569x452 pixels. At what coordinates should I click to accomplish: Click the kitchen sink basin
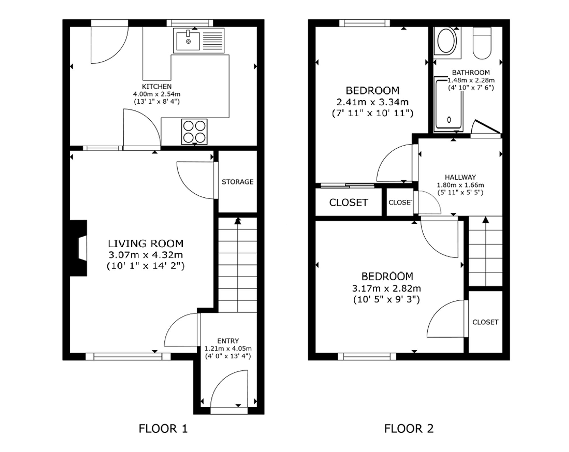tap(188, 41)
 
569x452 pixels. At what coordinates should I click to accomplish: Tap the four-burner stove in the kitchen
tap(194, 131)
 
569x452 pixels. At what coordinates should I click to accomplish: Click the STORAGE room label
tap(238, 182)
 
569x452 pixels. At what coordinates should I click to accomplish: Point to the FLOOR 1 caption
tap(163, 428)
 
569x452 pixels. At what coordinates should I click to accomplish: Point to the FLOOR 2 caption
tap(409, 428)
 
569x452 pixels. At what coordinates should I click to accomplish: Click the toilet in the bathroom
tap(482, 43)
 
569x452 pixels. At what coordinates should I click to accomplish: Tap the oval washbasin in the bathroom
tap(447, 41)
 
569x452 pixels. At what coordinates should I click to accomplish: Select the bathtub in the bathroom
tap(449, 104)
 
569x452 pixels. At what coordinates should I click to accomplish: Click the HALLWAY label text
tap(460, 177)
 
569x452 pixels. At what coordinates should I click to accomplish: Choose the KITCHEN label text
tap(157, 86)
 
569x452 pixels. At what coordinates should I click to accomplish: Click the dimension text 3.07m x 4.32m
tap(146, 255)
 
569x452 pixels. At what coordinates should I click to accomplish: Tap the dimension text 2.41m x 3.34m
tap(372, 102)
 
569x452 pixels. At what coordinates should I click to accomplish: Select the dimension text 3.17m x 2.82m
tap(387, 288)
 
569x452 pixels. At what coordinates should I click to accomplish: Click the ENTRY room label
tap(228, 341)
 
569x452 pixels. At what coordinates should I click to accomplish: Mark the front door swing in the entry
tap(229, 389)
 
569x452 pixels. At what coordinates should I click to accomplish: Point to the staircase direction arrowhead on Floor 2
tap(485, 220)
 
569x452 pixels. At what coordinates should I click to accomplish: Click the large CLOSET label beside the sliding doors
tap(349, 203)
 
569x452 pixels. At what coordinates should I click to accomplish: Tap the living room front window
tap(128, 356)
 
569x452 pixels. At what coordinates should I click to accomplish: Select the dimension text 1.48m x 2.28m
tap(471, 80)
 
